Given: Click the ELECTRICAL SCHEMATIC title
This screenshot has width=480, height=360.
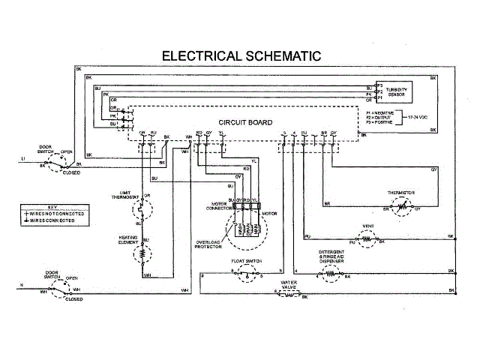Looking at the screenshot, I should coord(241,55).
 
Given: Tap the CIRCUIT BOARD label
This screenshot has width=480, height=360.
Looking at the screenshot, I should coord(245,122).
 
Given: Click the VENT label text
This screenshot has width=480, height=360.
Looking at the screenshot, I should coord(367,225).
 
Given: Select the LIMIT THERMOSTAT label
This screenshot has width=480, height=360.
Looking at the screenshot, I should coord(121,196).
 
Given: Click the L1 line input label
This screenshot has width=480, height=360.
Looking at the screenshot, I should coord(23,160).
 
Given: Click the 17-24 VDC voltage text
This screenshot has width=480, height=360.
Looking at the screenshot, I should coord(421,118).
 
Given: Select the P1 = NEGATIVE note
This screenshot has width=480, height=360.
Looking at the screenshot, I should coord(382,110).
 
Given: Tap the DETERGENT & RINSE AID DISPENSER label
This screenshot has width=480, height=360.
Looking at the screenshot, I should coord(331,255).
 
